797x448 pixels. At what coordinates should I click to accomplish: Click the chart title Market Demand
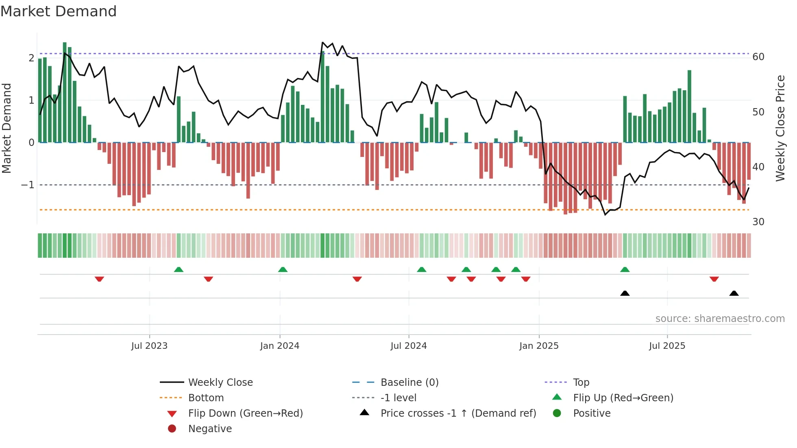pyautogui.click(x=59, y=11)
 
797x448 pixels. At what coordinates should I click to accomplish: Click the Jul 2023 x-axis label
pyautogui.click(x=149, y=346)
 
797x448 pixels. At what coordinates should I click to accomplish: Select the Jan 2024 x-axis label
pyautogui.click(x=280, y=346)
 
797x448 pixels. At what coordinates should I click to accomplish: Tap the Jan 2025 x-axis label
pyautogui.click(x=539, y=346)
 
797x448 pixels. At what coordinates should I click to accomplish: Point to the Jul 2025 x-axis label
pyautogui.click(x=667, y=346)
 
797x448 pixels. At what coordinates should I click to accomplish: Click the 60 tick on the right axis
pyautogui.click(x=758, y=57)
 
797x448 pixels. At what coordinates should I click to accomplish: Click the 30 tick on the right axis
pyautogui.click(x=758, y=222)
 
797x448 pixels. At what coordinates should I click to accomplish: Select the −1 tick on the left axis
pyautogui.click(x=28, y=185)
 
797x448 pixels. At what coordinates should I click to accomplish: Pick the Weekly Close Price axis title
pyautogui.click(x=780, y=128)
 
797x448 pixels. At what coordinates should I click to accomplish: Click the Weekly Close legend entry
pyautogui.click(x=220, y=383)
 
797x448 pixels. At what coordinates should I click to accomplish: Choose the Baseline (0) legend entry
pyautogui.click(x=409, y=383)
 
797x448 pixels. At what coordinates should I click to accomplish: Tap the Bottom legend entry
pyautogui.click(x=206, y=398)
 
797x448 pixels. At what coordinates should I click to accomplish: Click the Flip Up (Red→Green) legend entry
pyautogui.click(x=623, y=398)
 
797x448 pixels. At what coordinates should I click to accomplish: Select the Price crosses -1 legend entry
pyautogui.click(x=458, y=413)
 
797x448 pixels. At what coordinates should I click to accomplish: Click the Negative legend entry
pyautogui.click(x=210, y=429)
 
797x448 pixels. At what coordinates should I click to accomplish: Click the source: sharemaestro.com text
pyautogui.click(x=720, y=319)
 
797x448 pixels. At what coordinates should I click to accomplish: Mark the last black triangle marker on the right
pyautogui.click(x=734, y=294)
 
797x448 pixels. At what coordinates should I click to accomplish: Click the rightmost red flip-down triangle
pyautogui.click(x=714, y=279)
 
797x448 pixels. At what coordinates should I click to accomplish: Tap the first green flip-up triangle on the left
pyautogui.click(x=179, y=270)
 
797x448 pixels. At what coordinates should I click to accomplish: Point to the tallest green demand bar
pyautogui.click(x=65, y=93)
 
